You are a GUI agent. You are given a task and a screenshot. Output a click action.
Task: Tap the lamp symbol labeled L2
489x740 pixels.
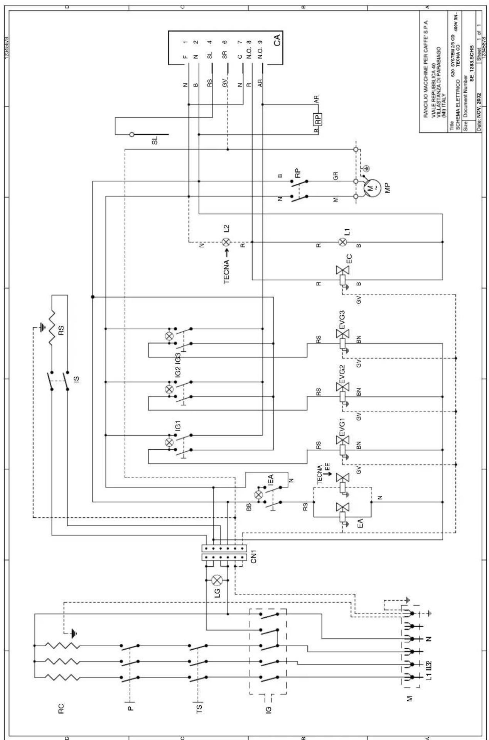click(226, 242)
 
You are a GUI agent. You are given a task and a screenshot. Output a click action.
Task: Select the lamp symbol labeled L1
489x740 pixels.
click(342, 242)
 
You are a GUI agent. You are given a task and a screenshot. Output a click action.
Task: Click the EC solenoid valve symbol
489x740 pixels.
click(342, 270)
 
